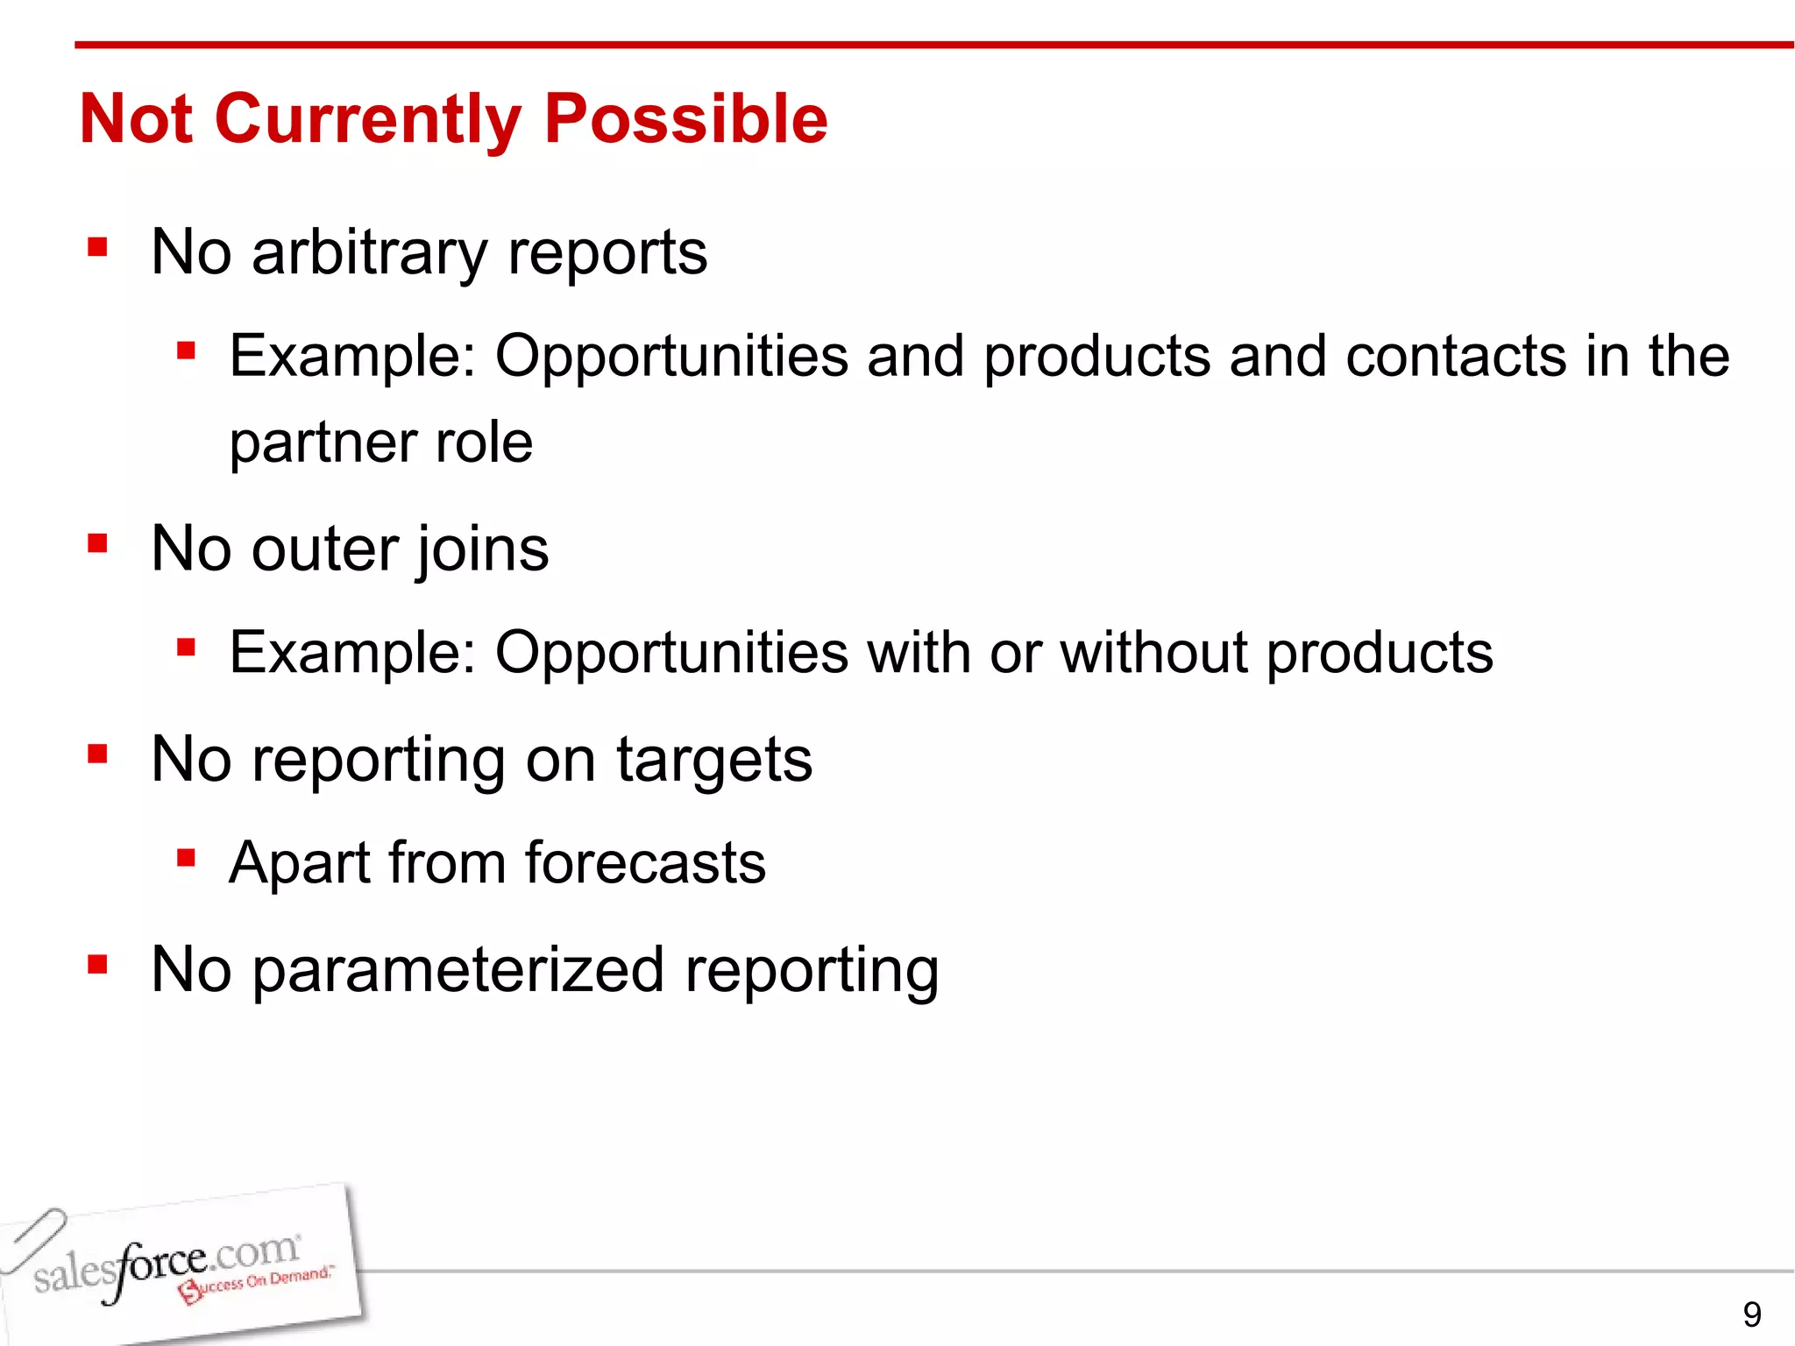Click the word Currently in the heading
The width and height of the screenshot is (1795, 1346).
pyautogui.click(x=367, y=120)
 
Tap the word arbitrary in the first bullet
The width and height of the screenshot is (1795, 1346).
pyautogui.click(x=368, y=252)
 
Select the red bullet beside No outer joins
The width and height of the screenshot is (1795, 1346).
pyautogui.click(x=97, y=544)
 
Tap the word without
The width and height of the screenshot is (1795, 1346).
pyautogui.click(x=1153, y=652)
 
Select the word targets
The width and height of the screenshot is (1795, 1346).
pyautogui.click(x=713, y=761)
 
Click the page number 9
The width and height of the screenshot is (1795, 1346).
pyautogui.click(x=1751, y=1314)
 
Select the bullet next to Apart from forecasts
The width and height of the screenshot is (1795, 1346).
pyautogui.click(x=185, y=857)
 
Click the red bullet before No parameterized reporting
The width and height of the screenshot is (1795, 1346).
pyautogui.click(x=97, y=965)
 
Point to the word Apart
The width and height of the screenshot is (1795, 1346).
pyautogui.click(x=299, y=863)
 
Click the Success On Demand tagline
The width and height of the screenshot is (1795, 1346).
pyautogui.click(x=259, y=1284)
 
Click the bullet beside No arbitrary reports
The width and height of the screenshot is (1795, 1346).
pyautogui.click(x=97, y=247)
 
